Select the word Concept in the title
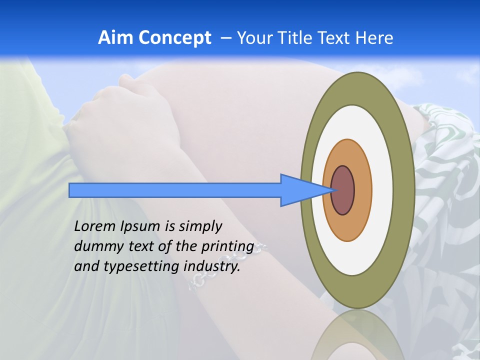coord(174,38)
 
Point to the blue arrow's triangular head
coord(305,190)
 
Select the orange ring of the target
coord(363,190)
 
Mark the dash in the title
coord(225,38)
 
